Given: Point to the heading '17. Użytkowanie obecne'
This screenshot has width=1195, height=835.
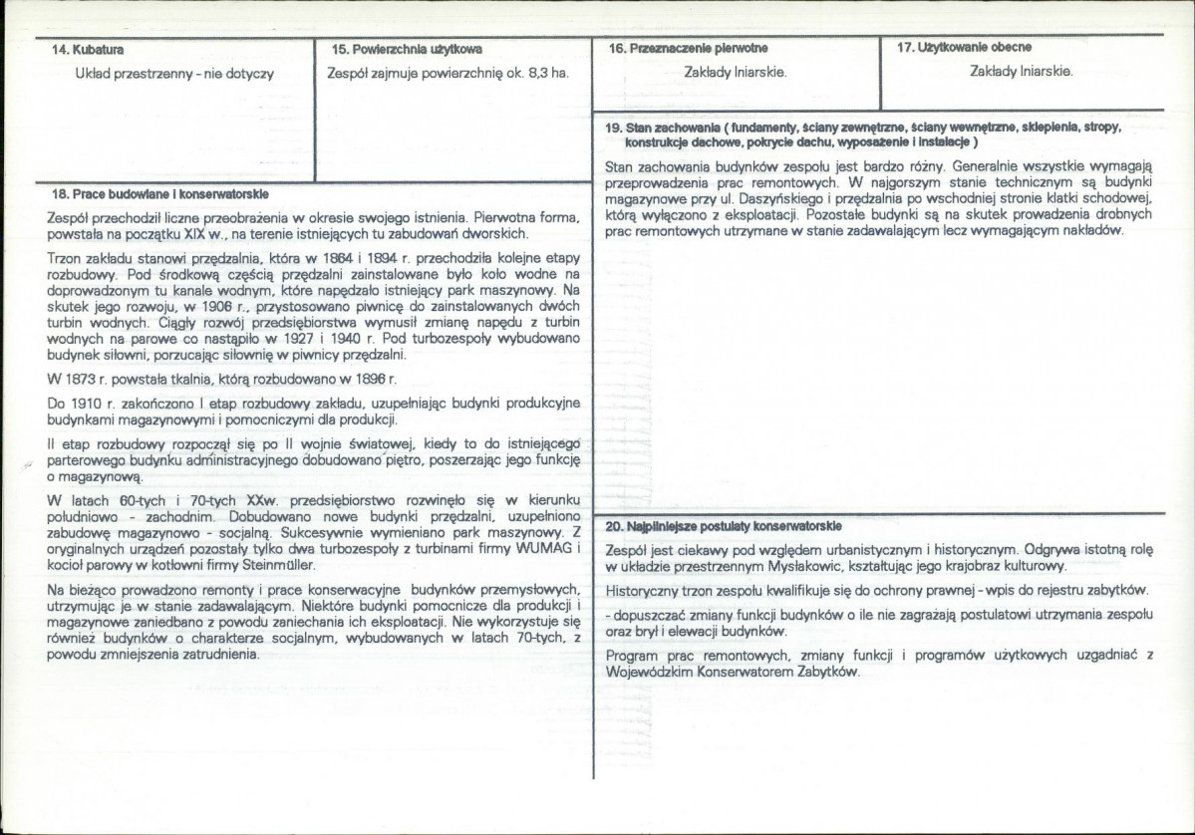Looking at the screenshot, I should click(x=965, y=48).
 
